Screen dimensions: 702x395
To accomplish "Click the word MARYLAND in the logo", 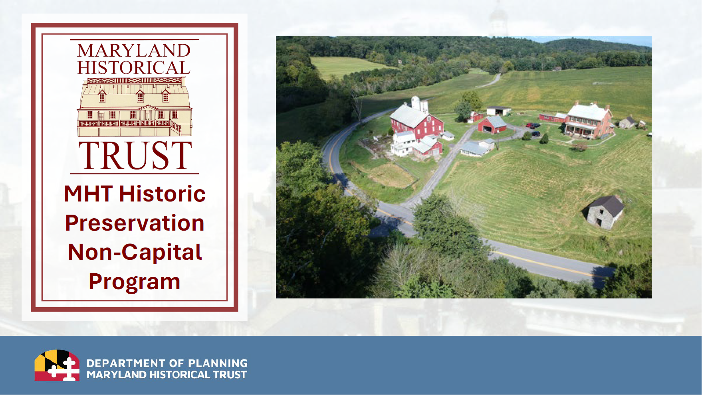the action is pyautogui.click(x=134, y=51).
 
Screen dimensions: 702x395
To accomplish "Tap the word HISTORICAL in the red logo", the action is pyautogui.click(x=134, y=67).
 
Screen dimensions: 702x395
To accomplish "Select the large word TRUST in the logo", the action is pyautogui.click(x=135, y=156).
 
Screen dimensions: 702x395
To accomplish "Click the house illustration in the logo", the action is pyautogui.click(x=135, y=107).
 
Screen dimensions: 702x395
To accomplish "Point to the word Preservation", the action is pyautogui.click(x=135, y=223).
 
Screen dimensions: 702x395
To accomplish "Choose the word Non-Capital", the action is pyautogui.click(x=135, y=252).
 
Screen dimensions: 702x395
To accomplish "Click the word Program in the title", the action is pyautogui.click(x=135, y=282).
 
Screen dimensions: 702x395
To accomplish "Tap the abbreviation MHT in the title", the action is pyautogui.click(x=88, y=194).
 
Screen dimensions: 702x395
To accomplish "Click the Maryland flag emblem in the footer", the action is pyautogui.click(x=57, y=365).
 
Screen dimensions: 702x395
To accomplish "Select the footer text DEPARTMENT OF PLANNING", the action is pyautogui.click(x=167, y=363).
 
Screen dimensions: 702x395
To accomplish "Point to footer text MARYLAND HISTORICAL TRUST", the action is pyautogui.click(x=167, y=375).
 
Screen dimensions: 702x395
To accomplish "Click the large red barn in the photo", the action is pyautogui.click(x=417, y=122).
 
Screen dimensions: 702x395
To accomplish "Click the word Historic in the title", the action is pyautogui.click(x=162, y=194).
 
